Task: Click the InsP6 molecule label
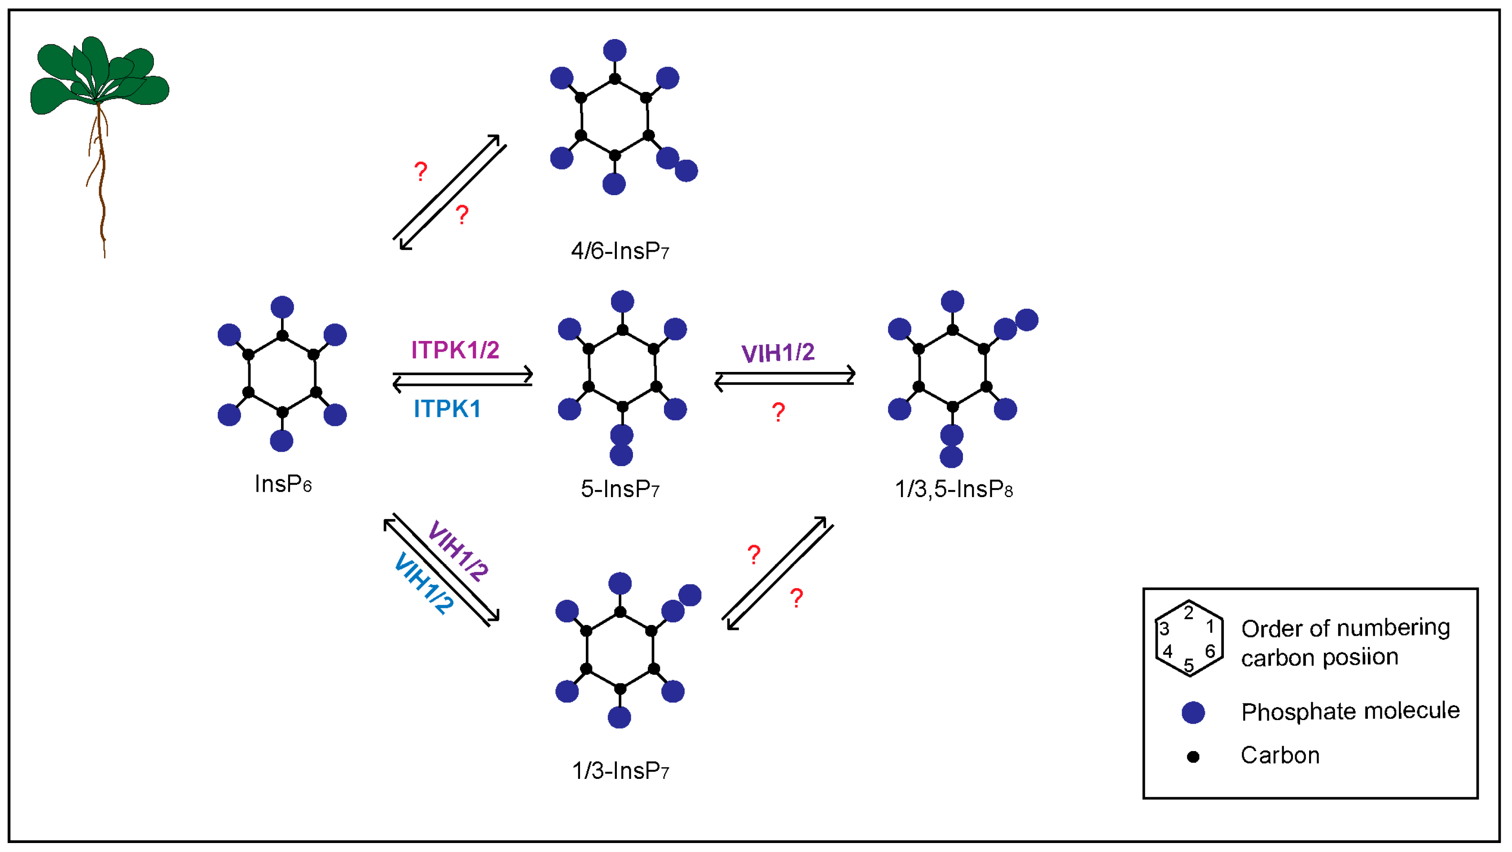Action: click(x=283, y=484)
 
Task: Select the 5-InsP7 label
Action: click(x=620, y=489)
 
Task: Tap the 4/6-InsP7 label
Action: click(x=620, y=251)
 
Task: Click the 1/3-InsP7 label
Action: click(x=620, y=770)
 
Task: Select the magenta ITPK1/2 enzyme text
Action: click(x=455, y=350)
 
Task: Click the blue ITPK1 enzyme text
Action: click(x=447, y=409)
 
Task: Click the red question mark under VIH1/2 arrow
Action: click(x=778, y=412)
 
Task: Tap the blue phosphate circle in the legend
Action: click(x=1193, y=712)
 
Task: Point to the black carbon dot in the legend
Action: click(x=1193, y=757)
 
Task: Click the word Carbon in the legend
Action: click(x=1279, y=755)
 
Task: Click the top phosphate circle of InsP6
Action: click(x=282, y=307)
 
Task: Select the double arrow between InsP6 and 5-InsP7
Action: click(x=462, y=379)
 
